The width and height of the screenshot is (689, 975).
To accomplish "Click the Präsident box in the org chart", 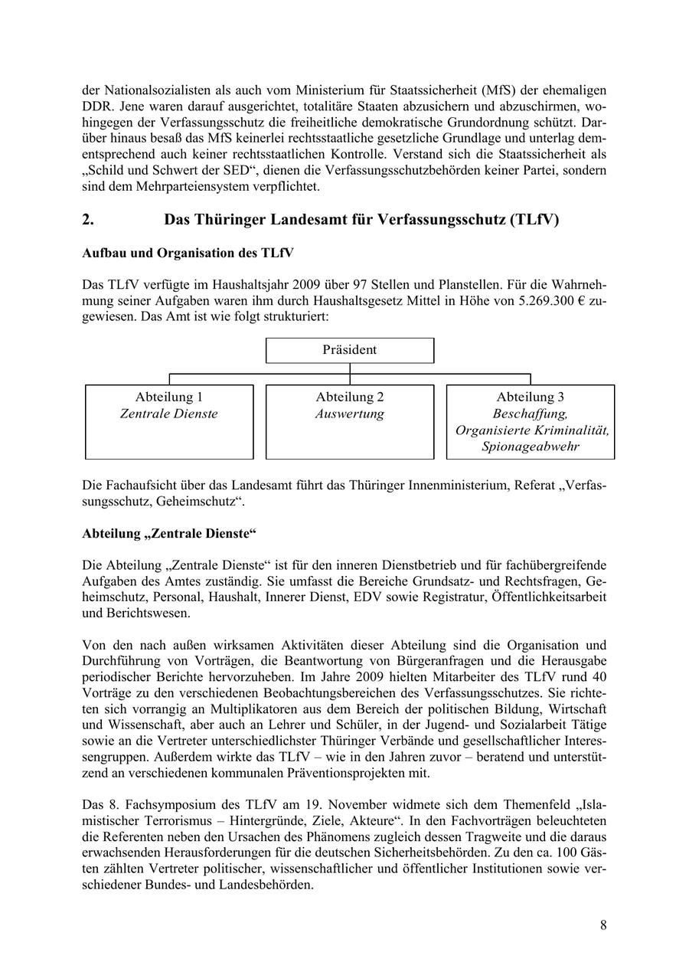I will [x=349, y=350].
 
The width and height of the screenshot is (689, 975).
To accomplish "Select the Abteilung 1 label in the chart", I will [x=169, y=397].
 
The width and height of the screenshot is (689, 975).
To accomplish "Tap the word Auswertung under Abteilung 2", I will [x=349, y=414].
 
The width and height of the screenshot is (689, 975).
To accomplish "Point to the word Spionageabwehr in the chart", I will [x=531, y=446].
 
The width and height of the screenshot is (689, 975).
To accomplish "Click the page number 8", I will [x=603, y=925].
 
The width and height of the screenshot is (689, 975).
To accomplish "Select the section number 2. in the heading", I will [x=88, y=220].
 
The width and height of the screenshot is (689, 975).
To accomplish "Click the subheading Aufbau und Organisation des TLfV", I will [x=188, y=253].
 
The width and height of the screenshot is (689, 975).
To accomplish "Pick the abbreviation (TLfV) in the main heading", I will [x=532, y=220].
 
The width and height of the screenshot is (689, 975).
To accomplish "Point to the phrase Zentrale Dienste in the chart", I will [x=169, y=414].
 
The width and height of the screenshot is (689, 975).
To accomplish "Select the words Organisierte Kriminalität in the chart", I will [x=532, y=430].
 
